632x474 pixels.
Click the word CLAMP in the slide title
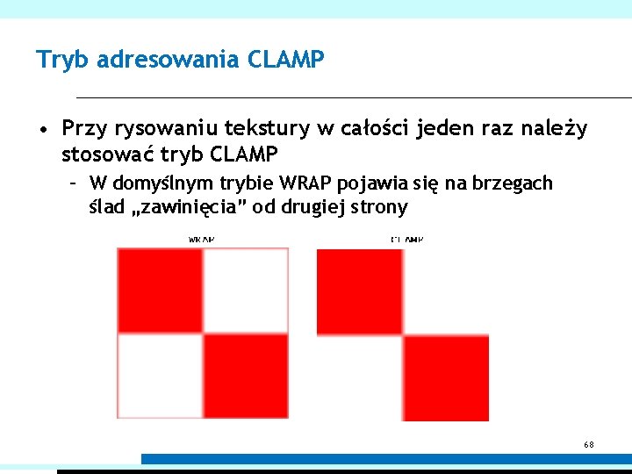[287, 60]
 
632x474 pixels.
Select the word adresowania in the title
[171, 60]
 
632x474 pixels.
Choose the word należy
[556, 129]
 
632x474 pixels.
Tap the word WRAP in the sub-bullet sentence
[305, 183]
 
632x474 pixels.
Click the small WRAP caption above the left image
[202, 239]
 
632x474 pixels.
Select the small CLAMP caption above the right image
[406, 239]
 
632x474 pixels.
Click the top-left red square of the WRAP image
[160, 291]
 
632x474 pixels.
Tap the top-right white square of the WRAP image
[246, 291]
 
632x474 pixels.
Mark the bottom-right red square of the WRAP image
[246, 376]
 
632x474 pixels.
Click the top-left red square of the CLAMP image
[359, 291]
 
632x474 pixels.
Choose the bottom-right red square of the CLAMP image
[445, 377]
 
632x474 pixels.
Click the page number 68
[589, 445]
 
